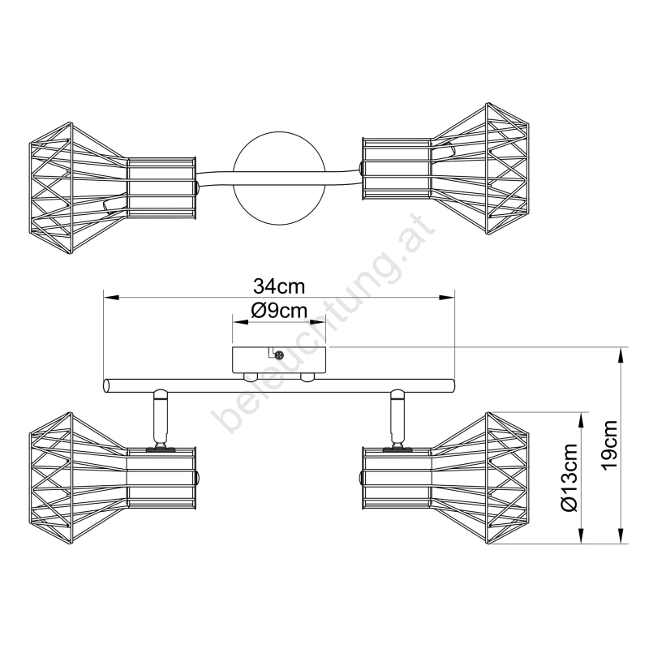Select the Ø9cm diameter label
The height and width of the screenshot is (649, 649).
[278, 309]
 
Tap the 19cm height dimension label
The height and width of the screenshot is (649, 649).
[610, 445]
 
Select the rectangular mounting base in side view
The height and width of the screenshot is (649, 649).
[278, 360]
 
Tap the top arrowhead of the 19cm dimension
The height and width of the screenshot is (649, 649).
[622, 355]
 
